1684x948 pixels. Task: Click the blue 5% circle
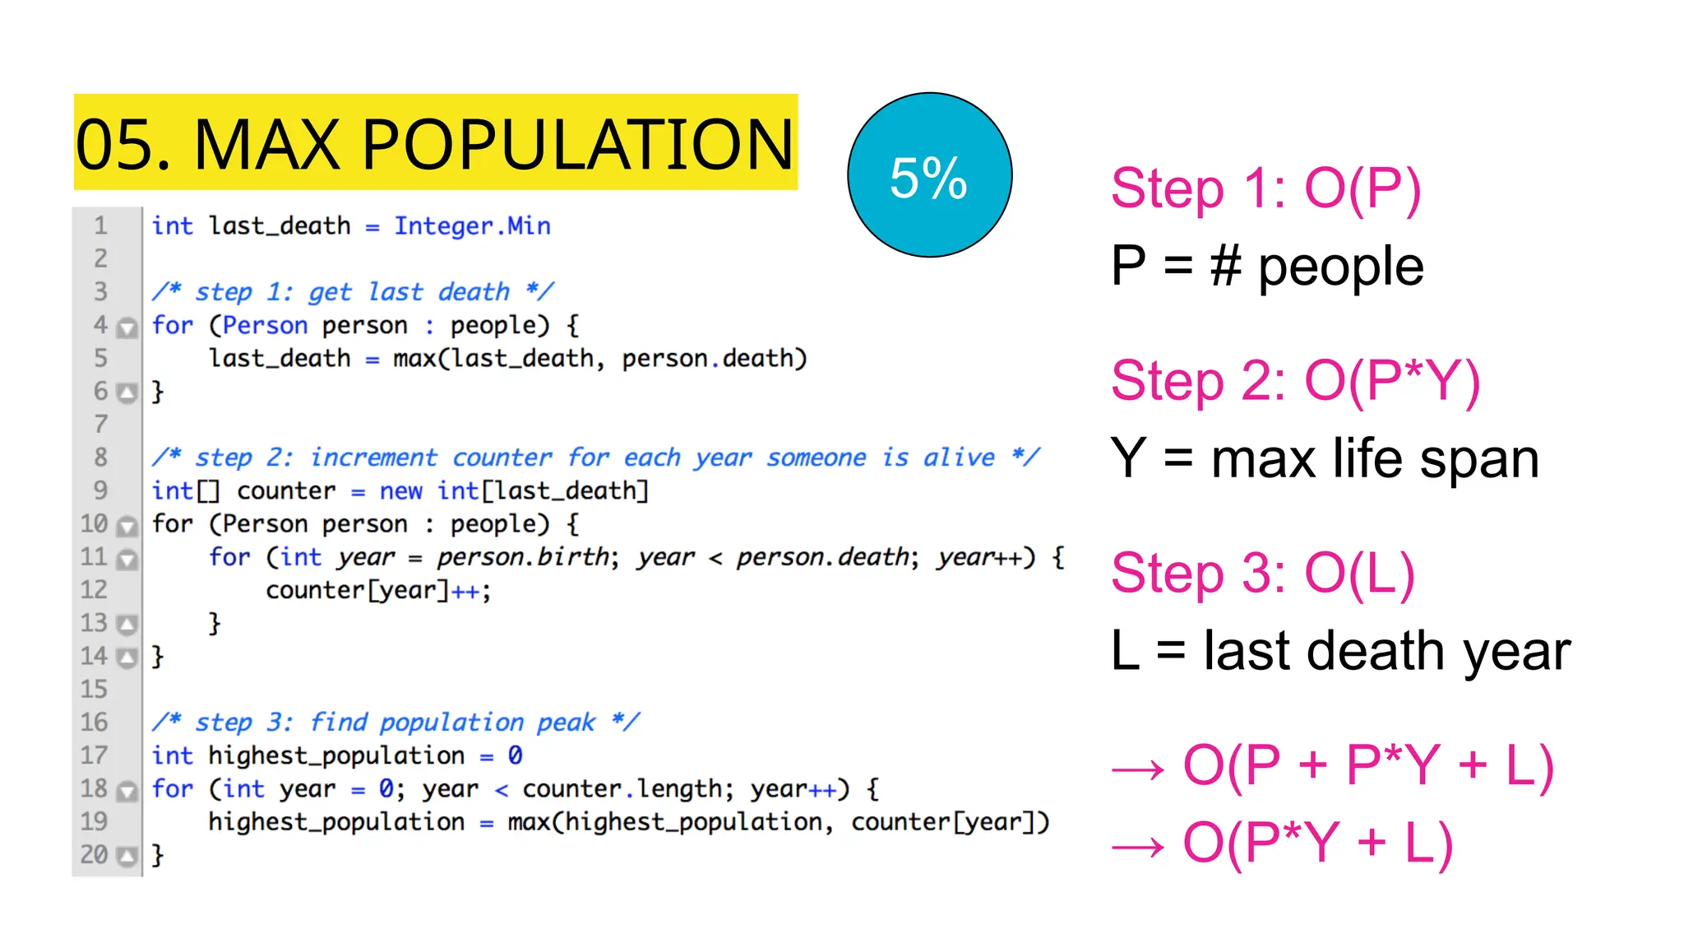coord(929,174)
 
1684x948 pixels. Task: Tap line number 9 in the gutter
coord(100,490)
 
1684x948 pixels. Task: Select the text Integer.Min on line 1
coord(472,226)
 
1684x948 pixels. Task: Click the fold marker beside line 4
coord(127,328)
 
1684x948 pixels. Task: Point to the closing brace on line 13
coord(215,623)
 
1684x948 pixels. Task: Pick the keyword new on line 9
coord(400,491)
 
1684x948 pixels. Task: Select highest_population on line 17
coord(336,755)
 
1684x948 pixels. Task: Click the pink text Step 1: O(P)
coord(1265,188)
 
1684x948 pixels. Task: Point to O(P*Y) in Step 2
coord(1392,381)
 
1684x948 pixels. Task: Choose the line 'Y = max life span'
coord(1324,458)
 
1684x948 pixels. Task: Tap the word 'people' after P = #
coord(1340,267)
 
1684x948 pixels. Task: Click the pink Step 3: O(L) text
coord(1262,573)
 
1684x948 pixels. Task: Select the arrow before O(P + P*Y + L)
coord(1138,769)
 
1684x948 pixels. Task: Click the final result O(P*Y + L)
coord(1317,843)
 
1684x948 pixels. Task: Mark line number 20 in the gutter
coord(94,855)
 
